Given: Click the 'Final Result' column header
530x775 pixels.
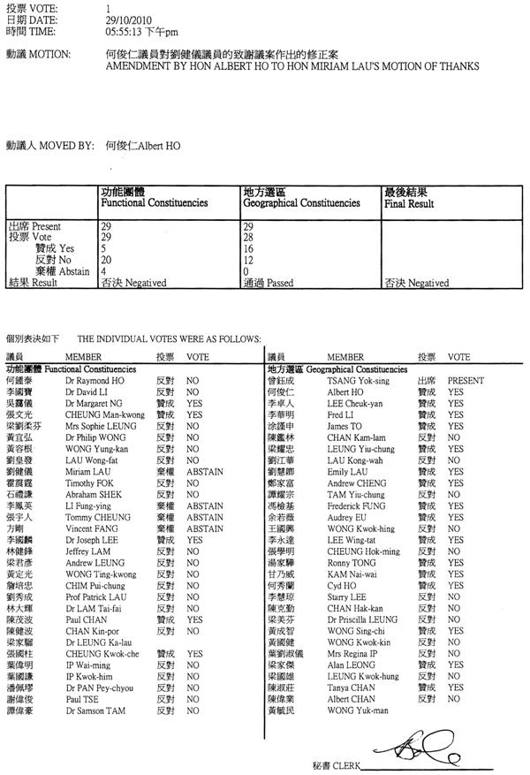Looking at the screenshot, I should coord(408,203).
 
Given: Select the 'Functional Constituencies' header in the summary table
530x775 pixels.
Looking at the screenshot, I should coord(155,203).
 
